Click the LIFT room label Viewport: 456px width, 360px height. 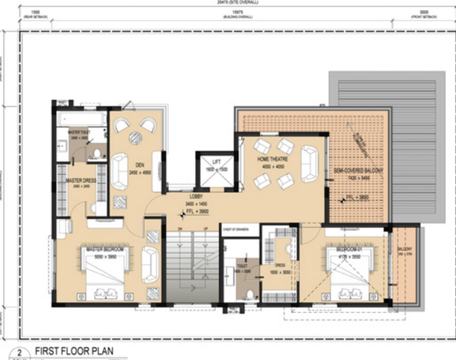point(216,162)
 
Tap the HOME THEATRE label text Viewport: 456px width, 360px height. point(273,160)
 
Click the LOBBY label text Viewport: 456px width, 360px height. point(196,196)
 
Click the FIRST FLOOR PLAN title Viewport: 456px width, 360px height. point(74,351)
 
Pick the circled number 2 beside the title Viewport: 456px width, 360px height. point(22,352)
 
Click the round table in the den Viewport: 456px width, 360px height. point(135,138)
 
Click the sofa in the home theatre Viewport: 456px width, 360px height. point(309,164)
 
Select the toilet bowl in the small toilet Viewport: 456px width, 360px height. point(250,295)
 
